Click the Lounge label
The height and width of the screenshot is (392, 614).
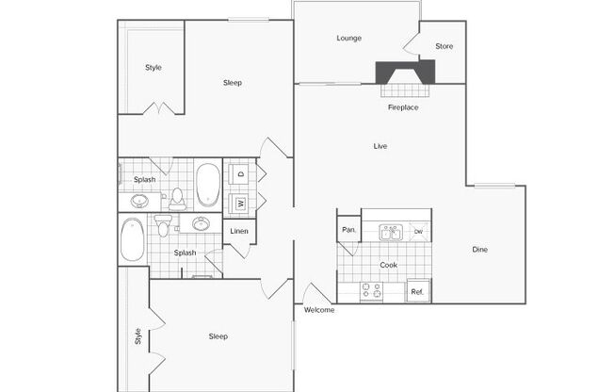point(348,39)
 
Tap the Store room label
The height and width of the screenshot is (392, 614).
point(444,46)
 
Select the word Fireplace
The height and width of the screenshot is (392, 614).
point(403,107)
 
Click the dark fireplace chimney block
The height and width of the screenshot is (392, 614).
point(405,72)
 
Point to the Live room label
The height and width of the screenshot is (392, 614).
point(380,146)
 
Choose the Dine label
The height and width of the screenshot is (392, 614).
point(479,250)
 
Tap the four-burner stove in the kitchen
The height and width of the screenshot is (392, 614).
point(371,291)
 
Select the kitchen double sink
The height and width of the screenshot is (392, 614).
point(391,233)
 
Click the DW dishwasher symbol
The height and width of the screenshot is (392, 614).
point(419,232)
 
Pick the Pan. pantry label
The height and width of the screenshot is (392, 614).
point(348,230)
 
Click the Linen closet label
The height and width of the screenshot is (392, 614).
point(239,231)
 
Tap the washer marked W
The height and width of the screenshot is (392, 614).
point(239,204)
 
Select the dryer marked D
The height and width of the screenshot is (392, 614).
point(239,174)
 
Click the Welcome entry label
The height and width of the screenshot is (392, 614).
point(319,310)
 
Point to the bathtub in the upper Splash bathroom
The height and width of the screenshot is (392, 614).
point(208,185)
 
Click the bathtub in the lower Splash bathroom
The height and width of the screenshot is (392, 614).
point(133,239)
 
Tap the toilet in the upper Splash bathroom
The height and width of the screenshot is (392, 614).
point(177,199)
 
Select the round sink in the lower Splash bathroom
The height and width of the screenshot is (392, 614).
point(201,224)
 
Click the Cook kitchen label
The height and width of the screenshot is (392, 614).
point(388,266)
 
